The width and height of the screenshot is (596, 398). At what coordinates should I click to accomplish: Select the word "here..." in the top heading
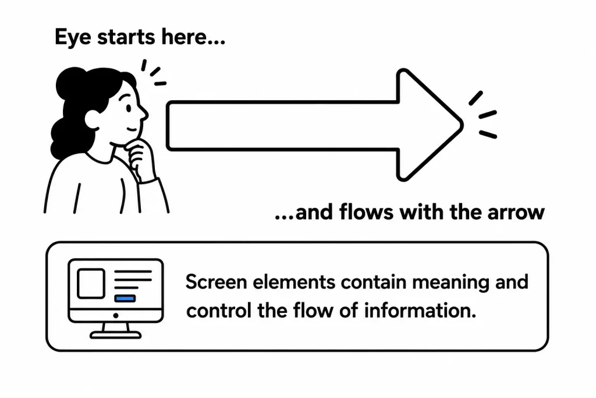193,37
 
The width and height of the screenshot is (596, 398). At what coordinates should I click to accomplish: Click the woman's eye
128,108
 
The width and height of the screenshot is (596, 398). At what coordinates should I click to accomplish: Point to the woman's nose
144,112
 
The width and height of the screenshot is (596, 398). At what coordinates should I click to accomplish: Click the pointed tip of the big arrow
462,125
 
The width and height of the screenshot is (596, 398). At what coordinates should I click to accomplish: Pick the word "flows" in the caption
367,212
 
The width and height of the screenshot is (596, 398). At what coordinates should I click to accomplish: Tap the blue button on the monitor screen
125,298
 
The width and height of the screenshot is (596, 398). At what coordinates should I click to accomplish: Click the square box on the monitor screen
91,283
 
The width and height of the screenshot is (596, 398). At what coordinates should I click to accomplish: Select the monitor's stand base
116,335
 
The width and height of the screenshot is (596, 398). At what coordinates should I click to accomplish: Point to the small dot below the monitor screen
116,315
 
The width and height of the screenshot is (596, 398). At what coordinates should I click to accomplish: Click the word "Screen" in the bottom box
217,282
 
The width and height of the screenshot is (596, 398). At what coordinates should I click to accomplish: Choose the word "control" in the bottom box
219,311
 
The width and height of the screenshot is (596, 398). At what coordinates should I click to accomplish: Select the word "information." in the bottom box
420,311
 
